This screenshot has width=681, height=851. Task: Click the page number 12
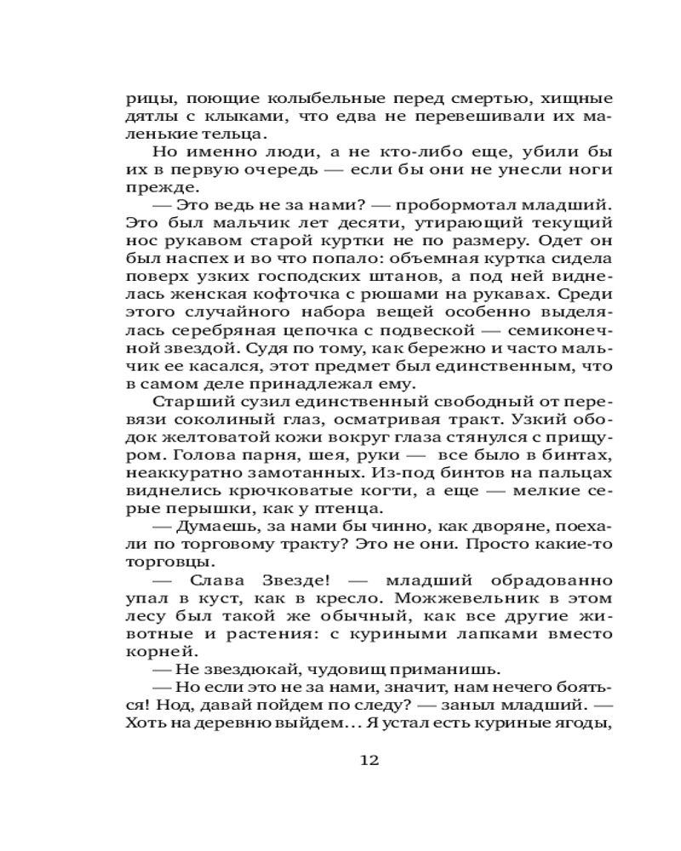369,759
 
